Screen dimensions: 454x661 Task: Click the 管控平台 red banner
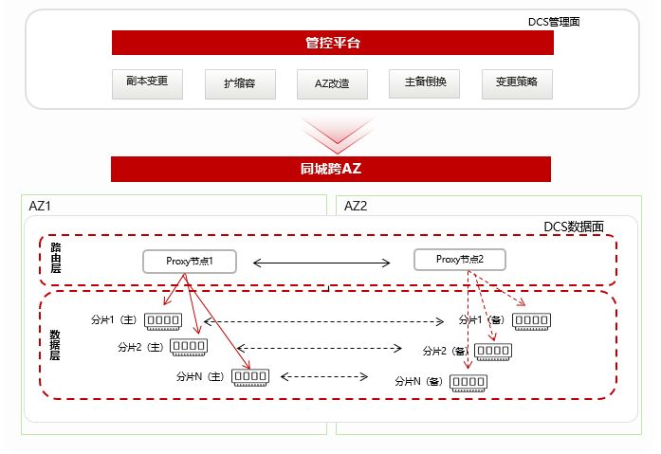(331, 43)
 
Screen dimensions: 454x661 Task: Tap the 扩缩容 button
(239, 83)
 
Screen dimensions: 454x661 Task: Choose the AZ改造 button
(332, 83)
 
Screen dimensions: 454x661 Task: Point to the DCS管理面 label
(554, 20)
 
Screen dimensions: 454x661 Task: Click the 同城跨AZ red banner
(331, 169)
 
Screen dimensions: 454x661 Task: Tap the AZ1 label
(40, 206)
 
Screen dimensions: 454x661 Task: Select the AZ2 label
(356, 206)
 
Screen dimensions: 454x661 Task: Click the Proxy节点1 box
(190, 261)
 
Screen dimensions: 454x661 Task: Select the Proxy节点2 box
(460, 259)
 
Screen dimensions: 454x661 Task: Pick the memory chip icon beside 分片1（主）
(163, 321)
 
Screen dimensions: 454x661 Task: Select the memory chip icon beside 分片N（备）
(468, 382)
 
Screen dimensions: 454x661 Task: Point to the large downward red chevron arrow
(331, 134)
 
